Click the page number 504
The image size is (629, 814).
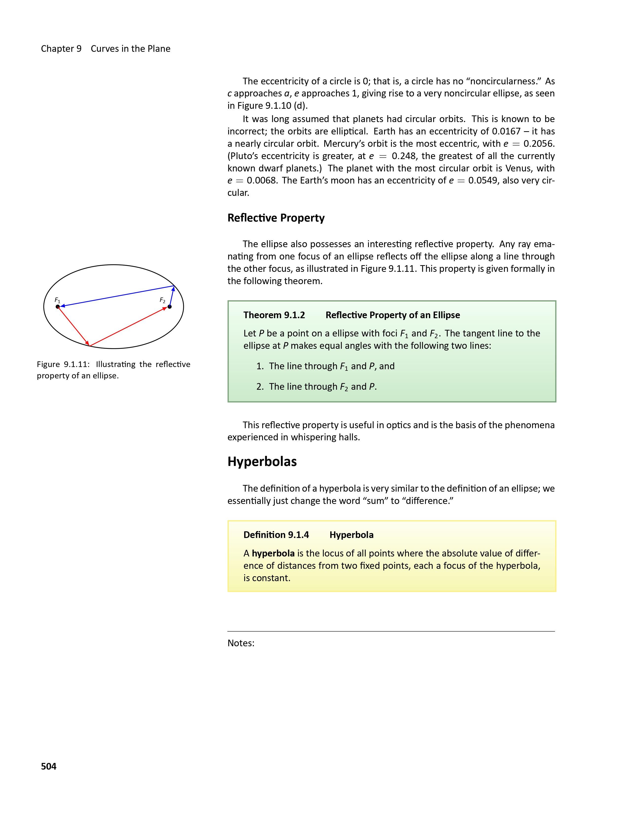pos(48,766)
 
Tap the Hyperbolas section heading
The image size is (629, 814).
pos(262,462)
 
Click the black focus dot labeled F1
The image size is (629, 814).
pos(58,307)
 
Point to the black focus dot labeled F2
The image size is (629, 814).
pos(169,307)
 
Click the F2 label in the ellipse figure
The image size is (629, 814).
pos(163,300)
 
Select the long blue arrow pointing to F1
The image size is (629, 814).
pos(115,296)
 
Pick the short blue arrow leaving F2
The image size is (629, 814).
pos(172,296)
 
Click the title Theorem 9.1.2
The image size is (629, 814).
pos(274,315)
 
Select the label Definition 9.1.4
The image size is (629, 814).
pos(276,535)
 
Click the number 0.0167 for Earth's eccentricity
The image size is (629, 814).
pos(506,131)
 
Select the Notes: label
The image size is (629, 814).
pos(241,643)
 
